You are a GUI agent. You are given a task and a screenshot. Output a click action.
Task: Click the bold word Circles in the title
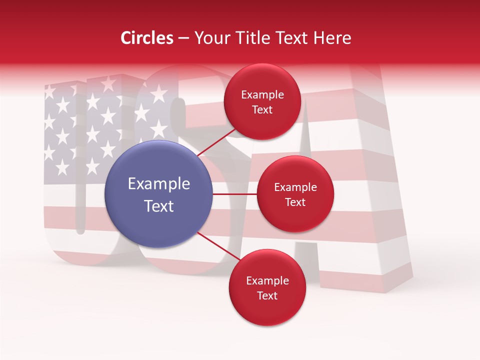(147, 38)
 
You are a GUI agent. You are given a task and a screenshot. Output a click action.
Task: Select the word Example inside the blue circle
(159, 184)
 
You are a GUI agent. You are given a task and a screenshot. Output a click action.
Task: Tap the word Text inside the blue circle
(159, 206)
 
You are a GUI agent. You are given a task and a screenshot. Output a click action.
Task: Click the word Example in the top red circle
(262, 95)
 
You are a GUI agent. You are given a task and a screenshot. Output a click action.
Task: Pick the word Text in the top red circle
(262, 109)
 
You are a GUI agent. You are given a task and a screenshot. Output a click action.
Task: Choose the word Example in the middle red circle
(295, 187)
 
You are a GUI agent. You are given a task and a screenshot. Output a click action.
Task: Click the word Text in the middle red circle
(295, 202)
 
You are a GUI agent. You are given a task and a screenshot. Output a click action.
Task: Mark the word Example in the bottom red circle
(267, 281)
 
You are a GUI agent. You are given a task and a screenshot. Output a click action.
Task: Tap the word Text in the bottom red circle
(267, 295)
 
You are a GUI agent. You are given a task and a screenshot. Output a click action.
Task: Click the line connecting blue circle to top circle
(217, 142)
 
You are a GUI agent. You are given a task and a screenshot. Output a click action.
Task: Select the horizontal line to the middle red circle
(235, 194)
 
